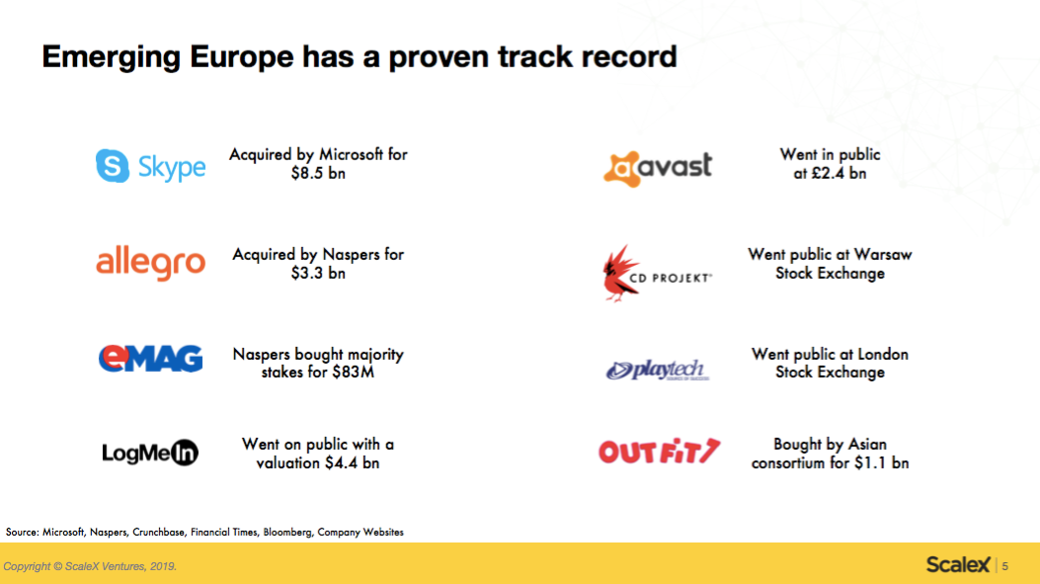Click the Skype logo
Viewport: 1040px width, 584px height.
(150, 166)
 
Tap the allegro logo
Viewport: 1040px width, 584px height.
(150, 263)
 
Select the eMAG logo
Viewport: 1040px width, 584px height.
(150, 359)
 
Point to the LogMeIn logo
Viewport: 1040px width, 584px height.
(150, 453)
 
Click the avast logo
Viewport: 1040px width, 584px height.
(658, 169)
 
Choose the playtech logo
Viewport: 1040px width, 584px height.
(658, 370)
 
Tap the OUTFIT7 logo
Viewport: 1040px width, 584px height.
(660, 452)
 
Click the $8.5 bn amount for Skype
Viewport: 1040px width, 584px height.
(318, 173)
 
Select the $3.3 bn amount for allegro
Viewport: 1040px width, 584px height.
(318, 273)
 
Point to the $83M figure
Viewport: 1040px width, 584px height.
(354, 373)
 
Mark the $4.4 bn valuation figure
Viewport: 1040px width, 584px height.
(353, 463)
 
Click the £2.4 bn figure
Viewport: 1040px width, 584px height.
(840, 173)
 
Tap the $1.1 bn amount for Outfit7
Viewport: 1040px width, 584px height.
(881, 463)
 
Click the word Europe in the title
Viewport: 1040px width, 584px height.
(241, 57)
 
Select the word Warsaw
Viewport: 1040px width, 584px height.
(883, 255)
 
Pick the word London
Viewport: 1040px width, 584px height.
(883, 355)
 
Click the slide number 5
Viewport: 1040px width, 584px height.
(1005, 566)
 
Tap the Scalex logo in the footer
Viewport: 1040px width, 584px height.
(958, 565)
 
